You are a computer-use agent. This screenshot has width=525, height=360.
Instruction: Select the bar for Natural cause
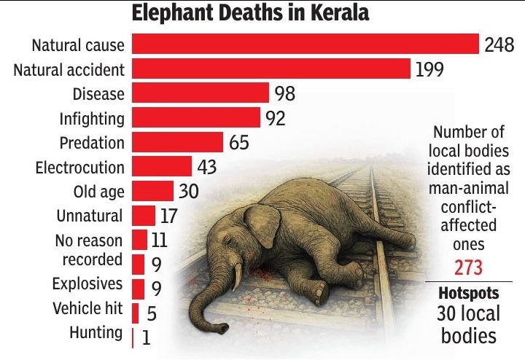pyautogui.click(x=304, y=44)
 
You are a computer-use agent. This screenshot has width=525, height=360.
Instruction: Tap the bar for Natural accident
pyautogui.click(x=271, y=69)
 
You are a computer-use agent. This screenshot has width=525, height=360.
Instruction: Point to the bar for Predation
pyautogui.click(x=176, y=142)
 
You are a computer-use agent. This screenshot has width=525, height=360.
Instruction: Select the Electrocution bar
pyautogui.click(x=161, y=167)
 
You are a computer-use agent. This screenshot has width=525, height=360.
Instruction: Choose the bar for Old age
pyautogui.click(x=152, y=192)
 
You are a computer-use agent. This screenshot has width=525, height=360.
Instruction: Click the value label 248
pyautogui.click(x=500, y=45)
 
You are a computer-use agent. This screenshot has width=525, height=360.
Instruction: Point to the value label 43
pyautogui.click(x=207, y=167)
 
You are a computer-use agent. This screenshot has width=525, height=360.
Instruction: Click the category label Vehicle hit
pyautogui.click(x=87, y=308)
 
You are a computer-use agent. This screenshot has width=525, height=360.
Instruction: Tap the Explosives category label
pyautogui.click(x=87, y=283)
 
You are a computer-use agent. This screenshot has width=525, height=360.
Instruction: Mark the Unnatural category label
pyautogui.click(x=90, y=216)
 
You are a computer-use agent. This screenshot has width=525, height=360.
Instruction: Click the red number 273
pyautogui.click(x=469, y=268)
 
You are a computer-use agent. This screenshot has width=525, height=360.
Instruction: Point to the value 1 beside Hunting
pyautogui.click(x=147, y=338)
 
